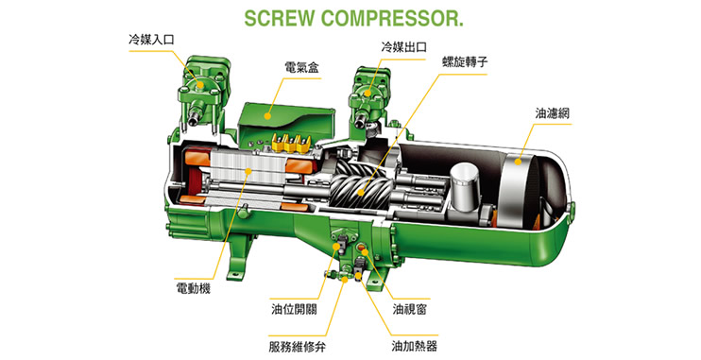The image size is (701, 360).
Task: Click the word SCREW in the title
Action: (280, 19)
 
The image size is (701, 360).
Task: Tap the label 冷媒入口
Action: (151, 40)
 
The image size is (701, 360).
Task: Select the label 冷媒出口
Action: (403, 47)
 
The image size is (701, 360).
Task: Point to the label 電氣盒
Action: (301, 68)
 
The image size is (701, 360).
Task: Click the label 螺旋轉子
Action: (465, 61)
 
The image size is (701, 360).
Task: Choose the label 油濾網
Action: (553, 113)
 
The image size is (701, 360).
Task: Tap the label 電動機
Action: (193, 288)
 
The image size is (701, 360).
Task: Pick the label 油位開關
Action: (294, 309)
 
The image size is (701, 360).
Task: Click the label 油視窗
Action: (410, 309)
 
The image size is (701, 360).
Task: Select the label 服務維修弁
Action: (298, 346)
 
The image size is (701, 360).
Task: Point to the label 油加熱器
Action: (414, 346)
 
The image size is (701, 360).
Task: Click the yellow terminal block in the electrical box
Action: (291, 143)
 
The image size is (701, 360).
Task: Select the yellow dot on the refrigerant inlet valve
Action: (200, 84)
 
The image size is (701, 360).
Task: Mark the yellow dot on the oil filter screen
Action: (518, 162)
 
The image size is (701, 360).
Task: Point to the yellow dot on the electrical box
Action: (267, 116)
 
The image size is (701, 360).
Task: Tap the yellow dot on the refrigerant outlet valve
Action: (368, 93)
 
